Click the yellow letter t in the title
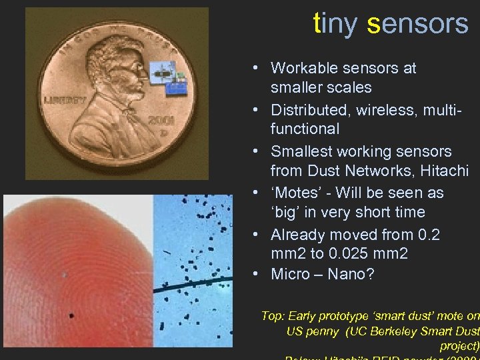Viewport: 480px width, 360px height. tap(318, 24)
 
